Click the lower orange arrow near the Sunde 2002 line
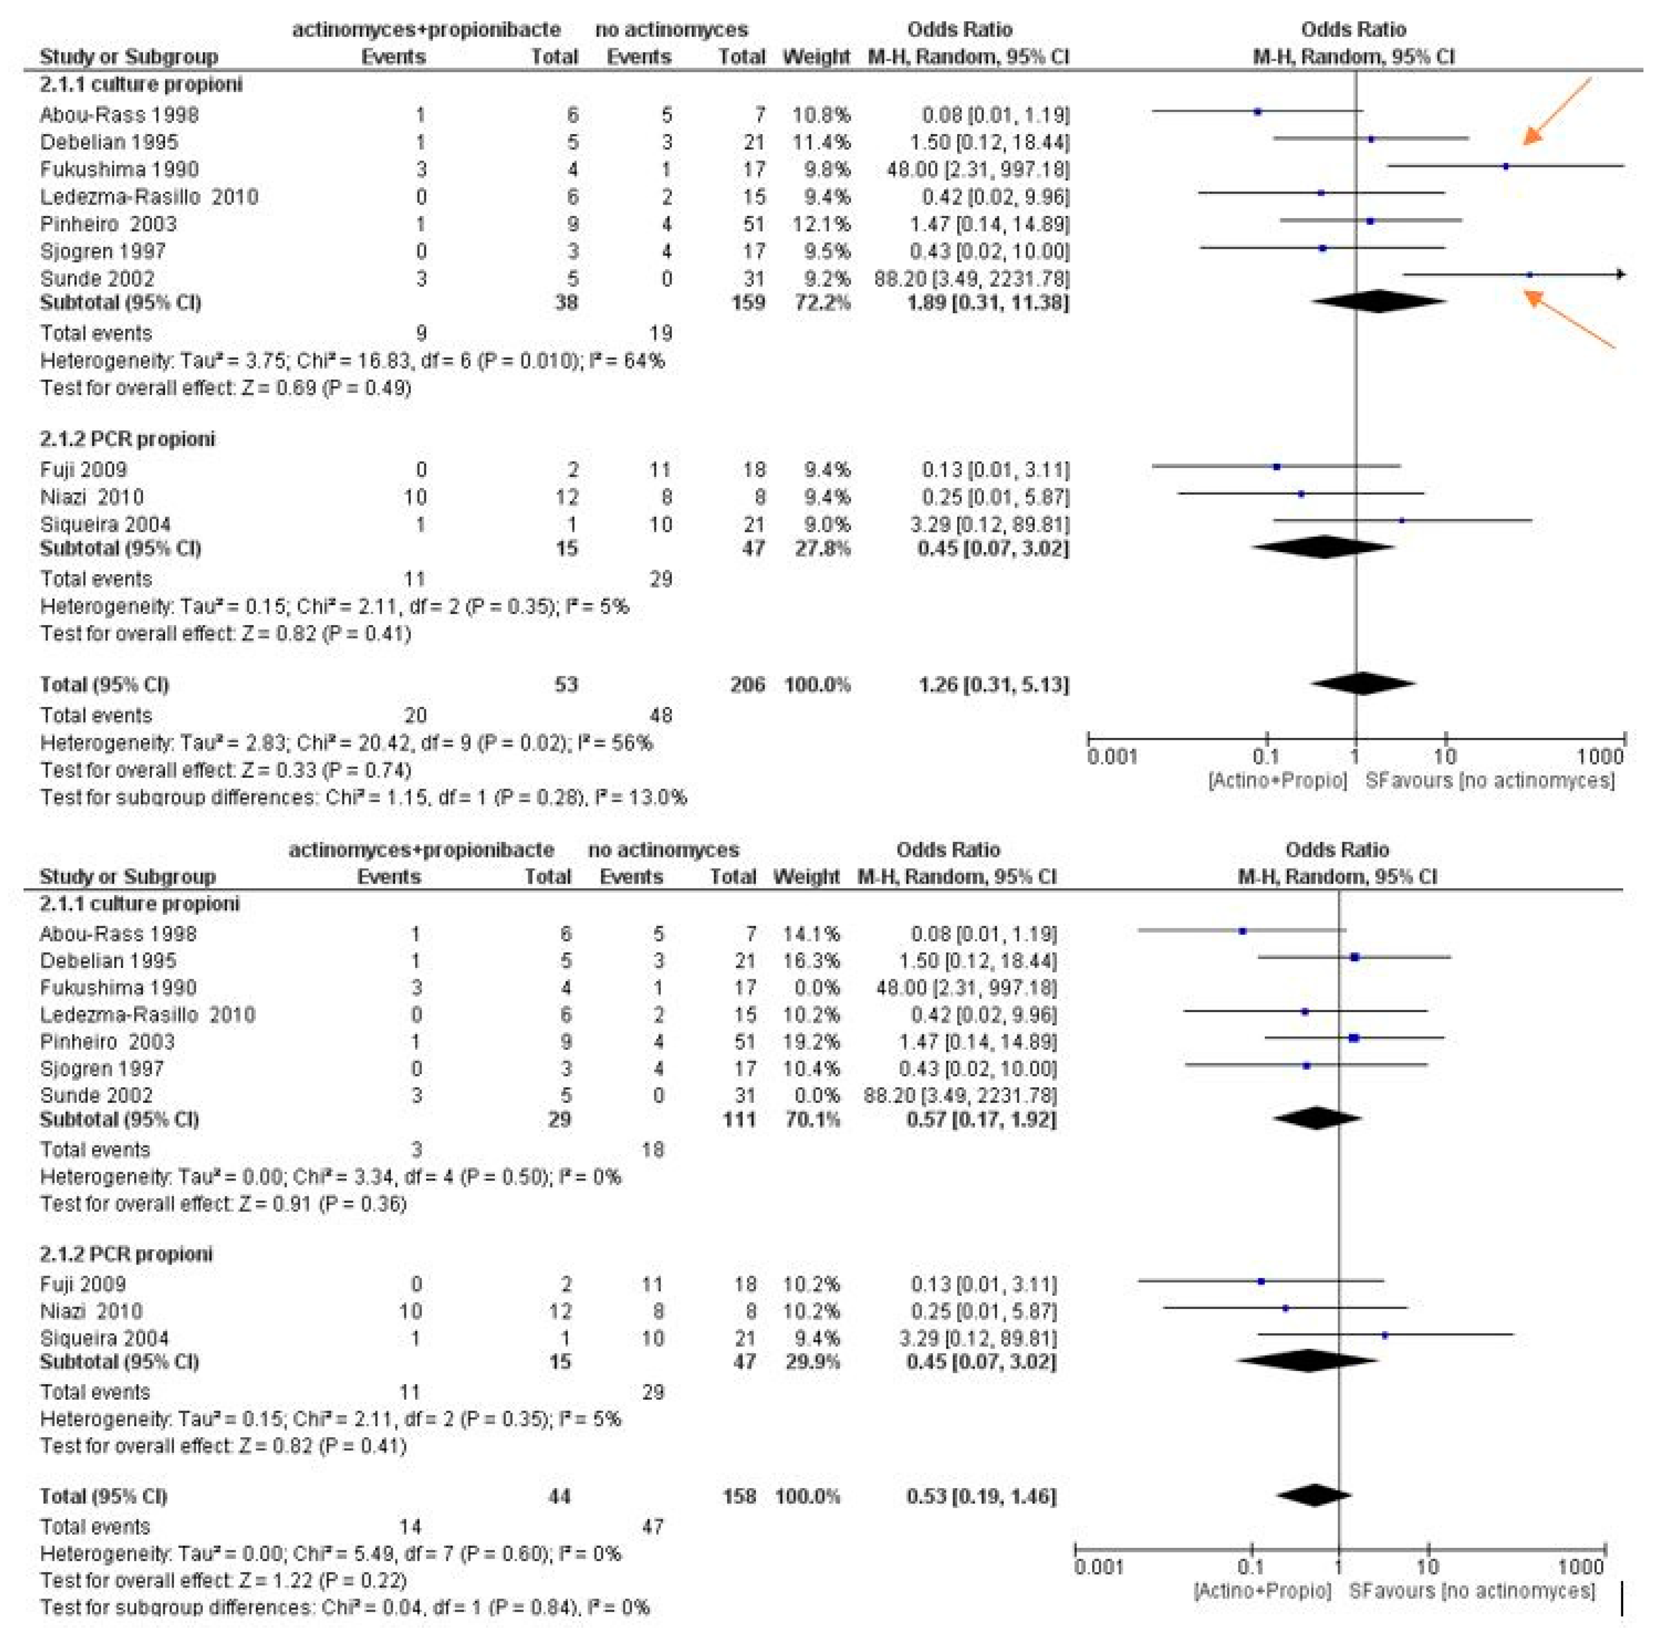1568,319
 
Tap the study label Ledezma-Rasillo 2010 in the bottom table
147,1014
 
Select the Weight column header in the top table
815,57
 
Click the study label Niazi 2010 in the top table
91,497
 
